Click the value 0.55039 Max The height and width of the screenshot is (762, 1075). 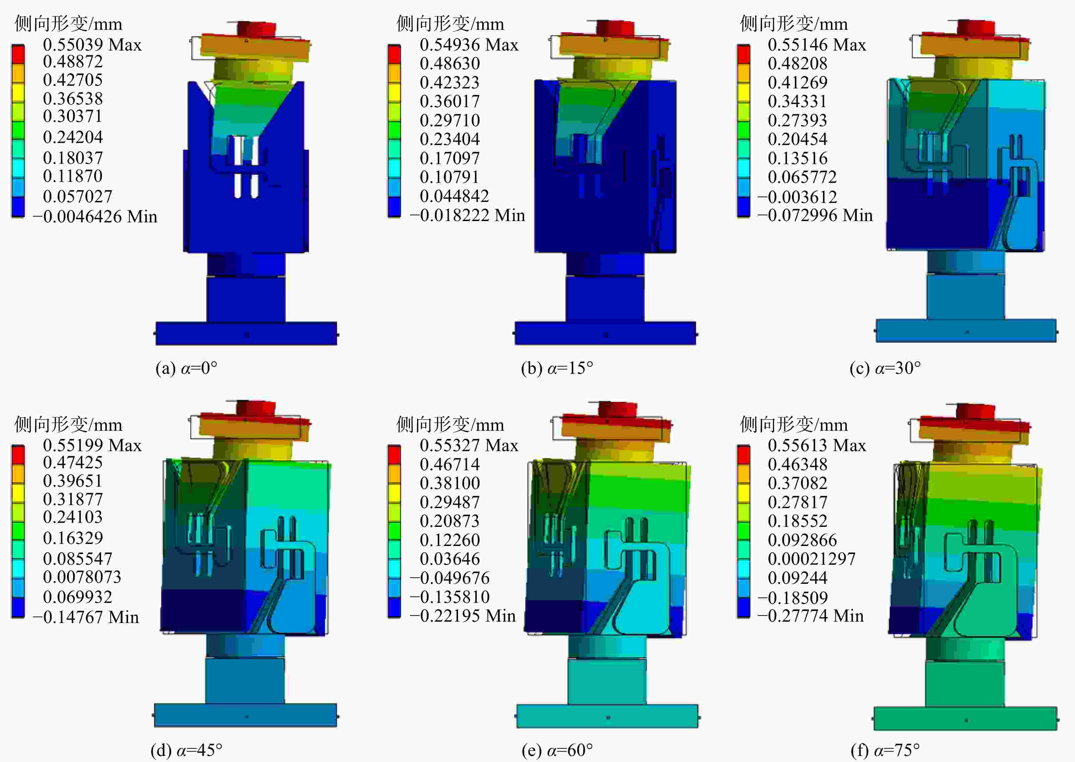tap(92, 45)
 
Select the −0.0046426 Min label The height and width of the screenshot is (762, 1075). tap(95, 216)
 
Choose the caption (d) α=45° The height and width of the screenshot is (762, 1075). tap(186, 750)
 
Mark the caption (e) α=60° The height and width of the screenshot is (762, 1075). tap(557, 750)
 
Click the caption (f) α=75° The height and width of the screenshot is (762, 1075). tap(885, 750)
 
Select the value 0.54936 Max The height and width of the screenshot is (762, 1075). tap(469, 45)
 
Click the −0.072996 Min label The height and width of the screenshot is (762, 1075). tap(815, 215)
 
